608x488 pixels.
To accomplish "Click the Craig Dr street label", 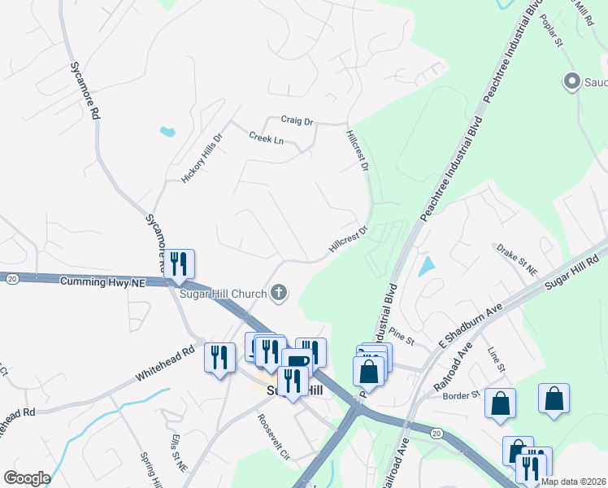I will (297, 120).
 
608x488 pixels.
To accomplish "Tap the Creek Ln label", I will (267, 139).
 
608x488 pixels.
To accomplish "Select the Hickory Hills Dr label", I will (202, 158).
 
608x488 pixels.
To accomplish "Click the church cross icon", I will (280, 292).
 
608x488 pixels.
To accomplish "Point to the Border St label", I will (460, 396).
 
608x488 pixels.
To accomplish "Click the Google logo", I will (27, 478).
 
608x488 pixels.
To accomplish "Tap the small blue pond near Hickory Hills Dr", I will (168, 131).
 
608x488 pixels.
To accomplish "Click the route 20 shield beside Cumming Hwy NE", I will (11, 278).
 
